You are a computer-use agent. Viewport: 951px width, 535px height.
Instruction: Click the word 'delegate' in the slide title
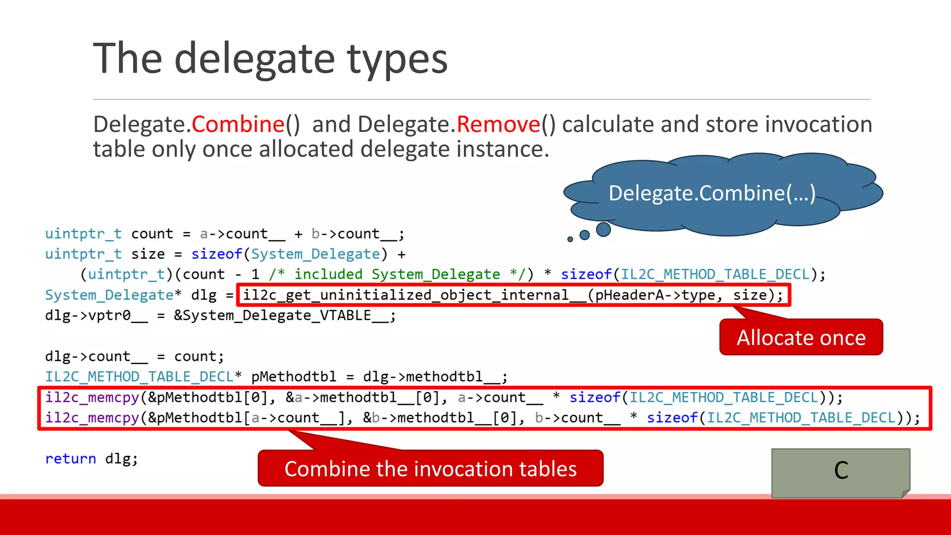tap(254, 59)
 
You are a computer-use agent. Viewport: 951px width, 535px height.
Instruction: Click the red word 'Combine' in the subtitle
tap(238, 124)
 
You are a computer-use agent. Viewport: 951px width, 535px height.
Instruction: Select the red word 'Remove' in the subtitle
tap(499, 124)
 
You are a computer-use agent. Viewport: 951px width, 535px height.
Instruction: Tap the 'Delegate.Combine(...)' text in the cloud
tap(712, 193)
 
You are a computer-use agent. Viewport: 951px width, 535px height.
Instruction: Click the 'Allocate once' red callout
tap(801, 338)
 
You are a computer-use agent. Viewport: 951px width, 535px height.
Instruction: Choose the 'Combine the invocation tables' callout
tap(430, 469)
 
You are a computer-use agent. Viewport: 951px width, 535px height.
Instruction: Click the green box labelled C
tap(840, 471)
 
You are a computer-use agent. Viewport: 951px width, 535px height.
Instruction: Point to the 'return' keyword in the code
tap(71, 459)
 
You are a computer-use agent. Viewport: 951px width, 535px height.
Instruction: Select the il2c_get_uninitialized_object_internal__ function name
tap(415, 295)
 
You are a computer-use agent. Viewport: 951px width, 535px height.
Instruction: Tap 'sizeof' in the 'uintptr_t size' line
tap(216, 254)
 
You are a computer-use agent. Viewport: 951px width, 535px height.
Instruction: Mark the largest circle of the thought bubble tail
tap(603, 229)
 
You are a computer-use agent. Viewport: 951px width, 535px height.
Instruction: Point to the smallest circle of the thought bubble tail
tap(570, 239)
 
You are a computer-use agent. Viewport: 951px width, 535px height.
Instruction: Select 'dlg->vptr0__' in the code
tap(96, 316)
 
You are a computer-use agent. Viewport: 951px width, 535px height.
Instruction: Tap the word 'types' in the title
tap(397, 59)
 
